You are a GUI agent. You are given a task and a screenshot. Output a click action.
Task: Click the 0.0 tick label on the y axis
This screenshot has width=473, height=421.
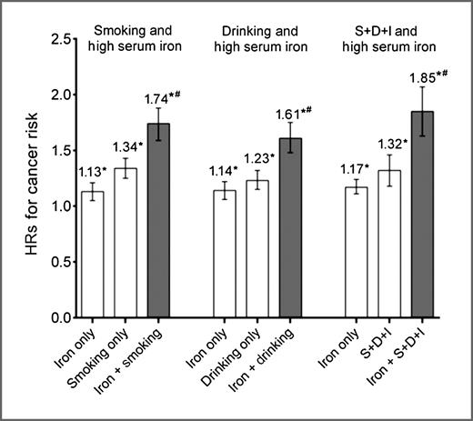[63, 318]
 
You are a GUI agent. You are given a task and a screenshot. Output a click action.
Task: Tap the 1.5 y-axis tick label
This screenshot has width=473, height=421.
[63, 151]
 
